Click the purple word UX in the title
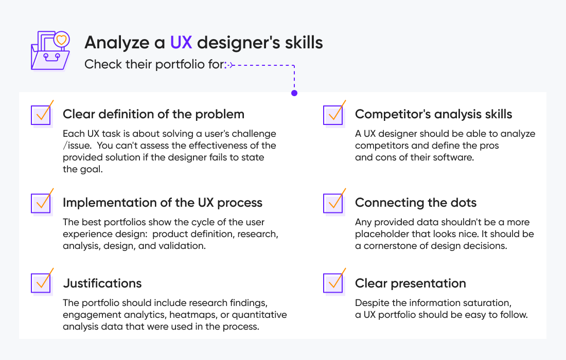[x=181, y=42]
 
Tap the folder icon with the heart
[x=50, y=51]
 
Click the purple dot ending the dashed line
[x=294, y=94]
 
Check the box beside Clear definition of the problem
[x=41, y=115]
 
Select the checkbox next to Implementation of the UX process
[x=41, y=204]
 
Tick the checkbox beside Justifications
[x=41, y=283]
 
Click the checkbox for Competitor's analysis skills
[x=333, y=115]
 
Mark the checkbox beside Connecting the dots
[x=333, y=204]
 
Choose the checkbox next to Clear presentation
[x=333, y=283]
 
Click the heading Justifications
[x=102, y=283]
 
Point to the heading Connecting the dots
[x=416, y=203]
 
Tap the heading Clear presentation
[x=410, y=283]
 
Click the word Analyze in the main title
[x=110, y=42]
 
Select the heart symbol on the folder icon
[x=61, y=39]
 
